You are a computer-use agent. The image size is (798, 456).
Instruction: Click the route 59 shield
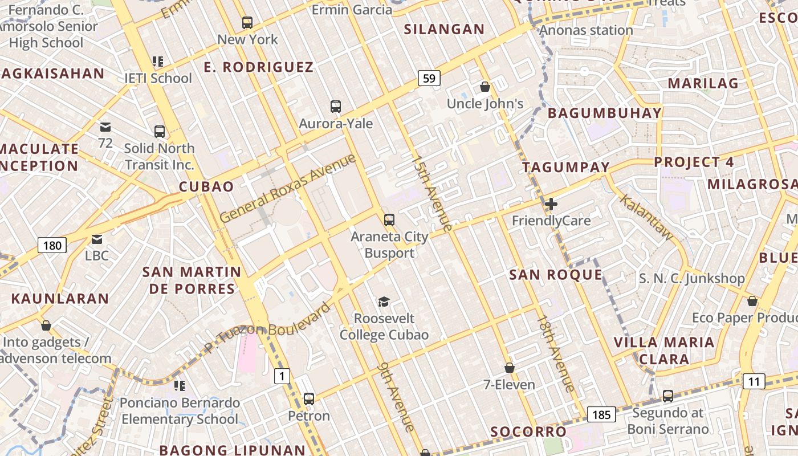[429, 78]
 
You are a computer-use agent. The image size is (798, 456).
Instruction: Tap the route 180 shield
[52, 246]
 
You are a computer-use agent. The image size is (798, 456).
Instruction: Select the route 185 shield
[601, 414]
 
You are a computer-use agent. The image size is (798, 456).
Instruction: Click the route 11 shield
[754, 381]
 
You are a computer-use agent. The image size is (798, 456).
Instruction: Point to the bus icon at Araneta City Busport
[389, 219]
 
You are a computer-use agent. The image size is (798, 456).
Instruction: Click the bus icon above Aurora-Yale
[336, 106]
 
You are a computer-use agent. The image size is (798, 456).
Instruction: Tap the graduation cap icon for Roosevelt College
[384, 302]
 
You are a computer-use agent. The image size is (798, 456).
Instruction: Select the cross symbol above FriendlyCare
[551, 203]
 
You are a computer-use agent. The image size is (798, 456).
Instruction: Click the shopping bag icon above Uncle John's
[484, 87]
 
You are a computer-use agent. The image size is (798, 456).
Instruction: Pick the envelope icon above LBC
[97, 239]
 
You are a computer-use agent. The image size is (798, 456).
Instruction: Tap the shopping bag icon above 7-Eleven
[510, 368]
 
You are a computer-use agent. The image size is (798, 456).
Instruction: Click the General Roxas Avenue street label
[288, 188]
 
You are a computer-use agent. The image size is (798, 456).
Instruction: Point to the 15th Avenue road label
[433, 193]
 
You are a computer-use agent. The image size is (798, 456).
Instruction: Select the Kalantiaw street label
[646, 217]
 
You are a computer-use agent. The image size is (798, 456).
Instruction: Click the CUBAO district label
[206, 186]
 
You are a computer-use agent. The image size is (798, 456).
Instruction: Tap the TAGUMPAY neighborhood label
[566, 168]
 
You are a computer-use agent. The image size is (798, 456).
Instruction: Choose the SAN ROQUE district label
[556, 275]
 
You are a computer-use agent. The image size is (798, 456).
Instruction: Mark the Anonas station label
[586, 30]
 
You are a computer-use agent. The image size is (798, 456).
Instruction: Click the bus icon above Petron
[309, 398]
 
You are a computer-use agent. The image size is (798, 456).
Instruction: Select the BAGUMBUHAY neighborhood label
[605, 113]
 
